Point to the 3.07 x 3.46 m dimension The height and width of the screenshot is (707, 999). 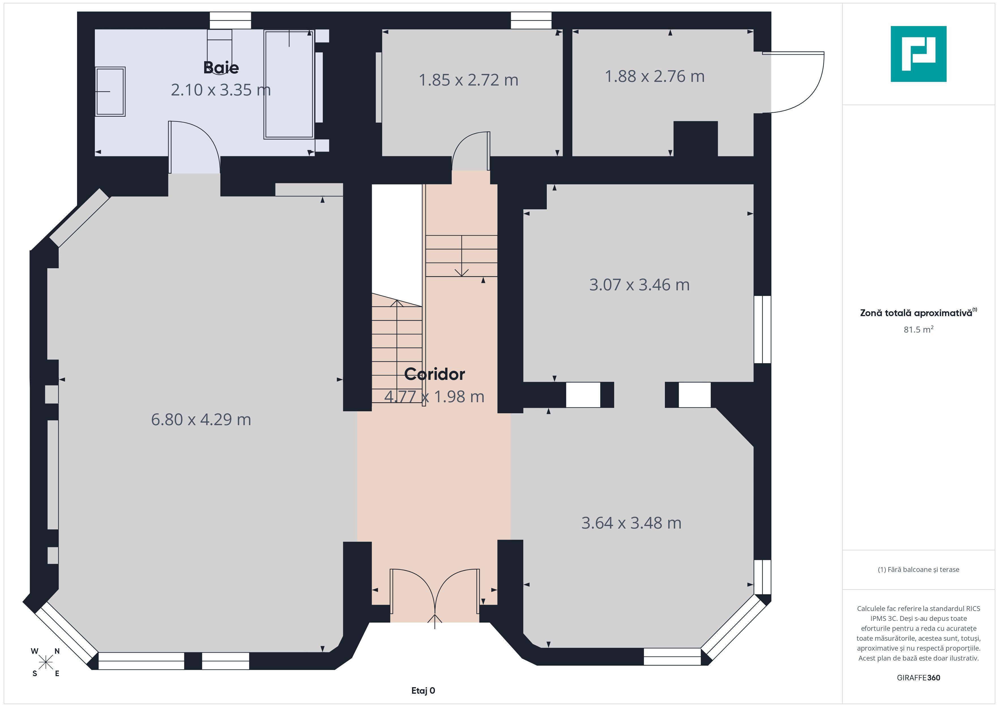639,285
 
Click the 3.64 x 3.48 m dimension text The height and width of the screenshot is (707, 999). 631,523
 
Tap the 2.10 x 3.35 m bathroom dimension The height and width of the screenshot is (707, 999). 221,90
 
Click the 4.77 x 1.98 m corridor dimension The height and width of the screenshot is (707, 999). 434,397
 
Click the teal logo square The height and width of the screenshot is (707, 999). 919,54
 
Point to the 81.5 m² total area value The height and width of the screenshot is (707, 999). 919,329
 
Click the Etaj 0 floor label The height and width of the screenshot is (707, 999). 423,691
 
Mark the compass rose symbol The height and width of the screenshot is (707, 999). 45,663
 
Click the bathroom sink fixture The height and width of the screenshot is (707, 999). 110,91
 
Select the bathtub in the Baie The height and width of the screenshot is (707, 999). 289,84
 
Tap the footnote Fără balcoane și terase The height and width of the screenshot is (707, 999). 919,569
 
